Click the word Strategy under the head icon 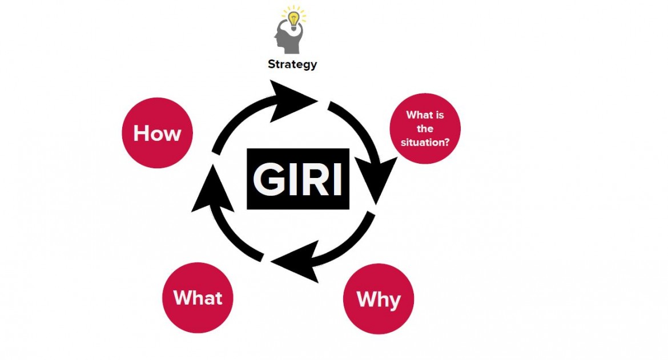(292, 64)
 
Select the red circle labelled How (158, 134)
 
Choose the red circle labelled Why (379, 298)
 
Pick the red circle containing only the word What (198, 297)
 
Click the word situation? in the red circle (424, 143)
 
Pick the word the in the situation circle (425, 129)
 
